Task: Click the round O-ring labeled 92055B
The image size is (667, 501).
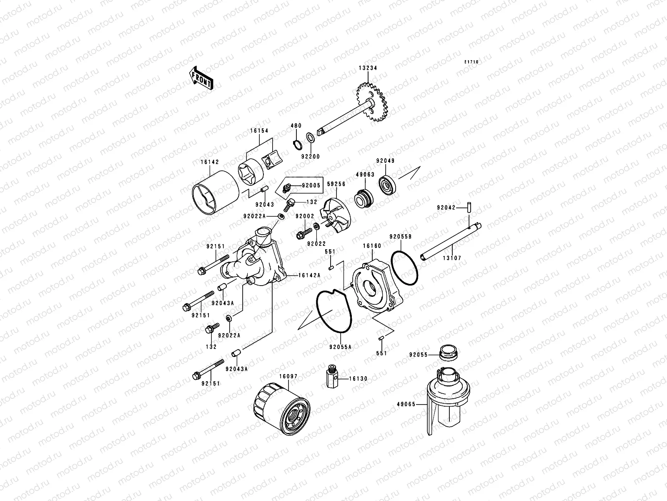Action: coord(405,268)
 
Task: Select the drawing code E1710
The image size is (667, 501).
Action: coord(472,62)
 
